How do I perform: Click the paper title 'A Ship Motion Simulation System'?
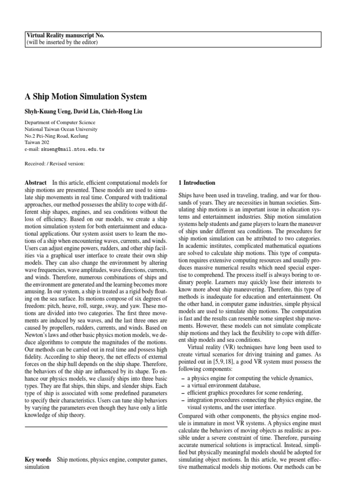85,97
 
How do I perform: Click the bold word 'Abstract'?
36,182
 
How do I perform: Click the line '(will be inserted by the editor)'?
62,42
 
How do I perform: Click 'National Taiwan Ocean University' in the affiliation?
62,129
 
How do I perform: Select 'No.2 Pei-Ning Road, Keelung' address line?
56,136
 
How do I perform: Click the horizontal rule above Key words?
96,427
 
